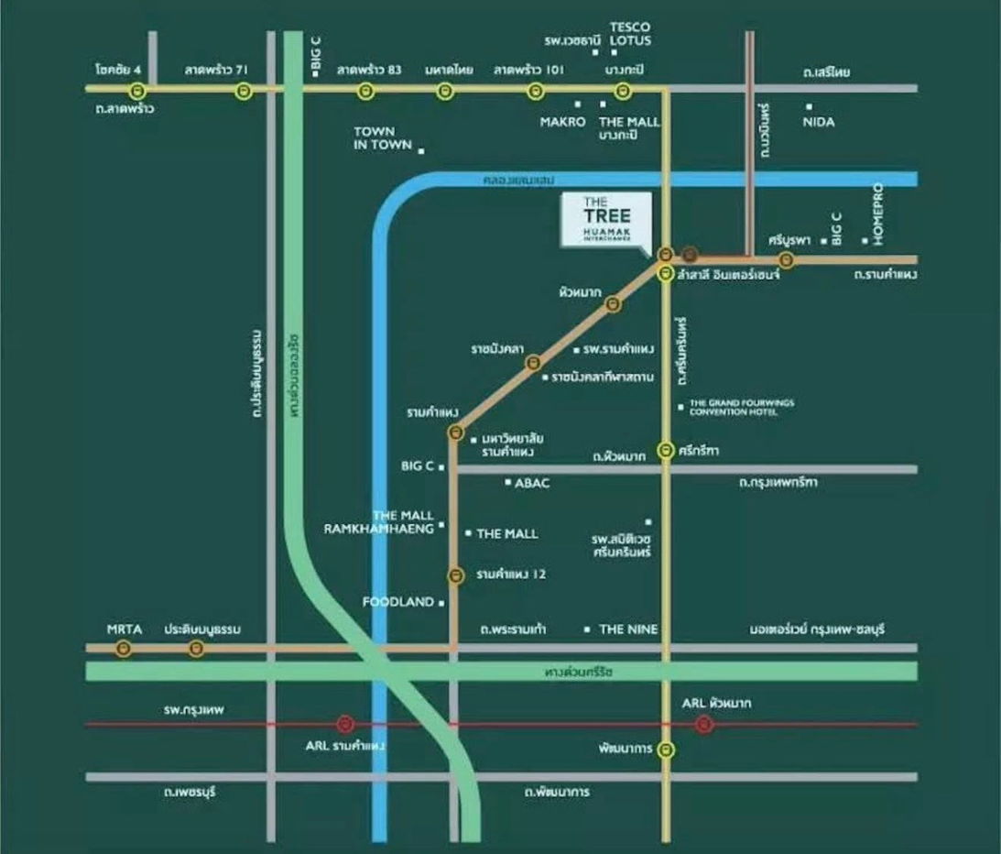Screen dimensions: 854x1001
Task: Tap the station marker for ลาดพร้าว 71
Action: coord(243,90)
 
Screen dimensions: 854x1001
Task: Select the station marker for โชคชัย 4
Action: coord(137,90)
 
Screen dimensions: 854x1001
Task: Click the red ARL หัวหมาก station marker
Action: coord(703,724)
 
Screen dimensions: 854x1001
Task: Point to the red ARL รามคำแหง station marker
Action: coord(344,724)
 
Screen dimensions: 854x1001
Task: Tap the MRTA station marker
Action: coord(124,648)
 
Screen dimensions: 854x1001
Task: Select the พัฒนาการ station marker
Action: coord(666,750)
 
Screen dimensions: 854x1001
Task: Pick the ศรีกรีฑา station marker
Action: coord(666,450)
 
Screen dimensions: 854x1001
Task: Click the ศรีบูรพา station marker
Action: coord(786,260)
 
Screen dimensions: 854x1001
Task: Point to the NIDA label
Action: coord(818,121)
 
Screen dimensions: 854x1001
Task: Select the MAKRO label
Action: coord(562,122)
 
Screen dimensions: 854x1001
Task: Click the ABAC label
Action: coord(532,483)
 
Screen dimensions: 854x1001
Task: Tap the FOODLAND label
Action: coord(397,602)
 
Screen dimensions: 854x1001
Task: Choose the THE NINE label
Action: coord(628,630)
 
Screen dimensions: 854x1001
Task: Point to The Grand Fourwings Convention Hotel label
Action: coord(741,407)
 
